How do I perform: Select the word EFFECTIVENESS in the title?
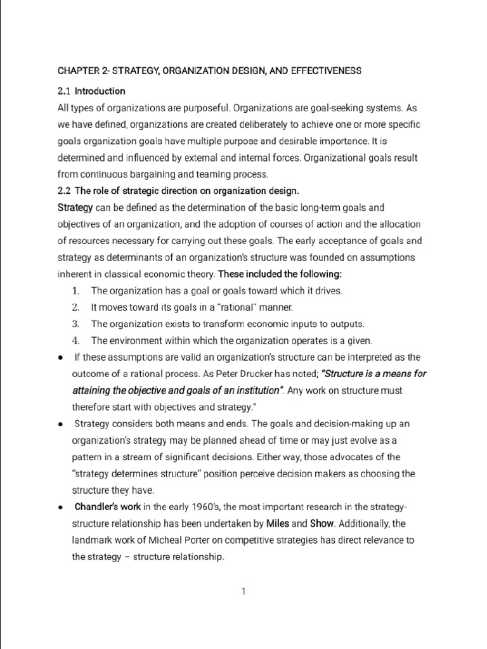(x=324, y=71)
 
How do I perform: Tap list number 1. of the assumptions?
(x=75, y=291)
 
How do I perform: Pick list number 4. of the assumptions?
(x=75, y=340)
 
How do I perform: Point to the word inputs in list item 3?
(x=286, y=324)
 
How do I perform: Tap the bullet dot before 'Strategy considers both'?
(x=59, y=423)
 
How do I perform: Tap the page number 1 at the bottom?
(x=243, y=592)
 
